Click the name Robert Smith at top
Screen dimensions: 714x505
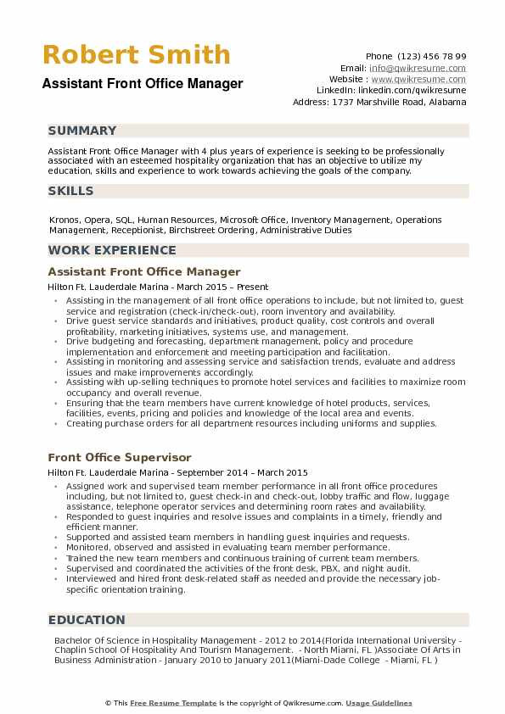[135, 55]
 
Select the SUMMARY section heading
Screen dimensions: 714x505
[82, 131]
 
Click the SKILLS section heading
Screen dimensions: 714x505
[71, 191]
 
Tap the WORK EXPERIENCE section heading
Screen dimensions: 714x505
[112, 250]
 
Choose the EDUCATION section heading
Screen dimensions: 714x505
[87, 620]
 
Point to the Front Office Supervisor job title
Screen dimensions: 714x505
[120, 457]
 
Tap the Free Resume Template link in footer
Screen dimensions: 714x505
[163, 703]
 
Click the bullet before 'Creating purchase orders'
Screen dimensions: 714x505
[55, 423]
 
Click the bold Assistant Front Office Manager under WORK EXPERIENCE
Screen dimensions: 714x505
[144, 272]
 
